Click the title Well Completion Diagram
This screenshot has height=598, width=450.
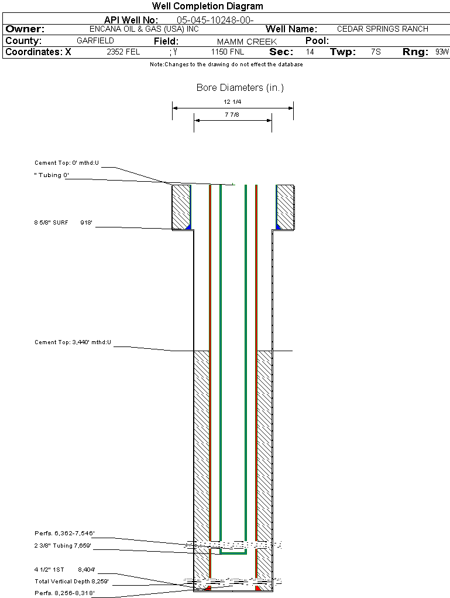click(208, 6)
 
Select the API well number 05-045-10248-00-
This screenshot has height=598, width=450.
click(215, 20)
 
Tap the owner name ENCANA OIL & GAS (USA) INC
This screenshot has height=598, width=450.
click(144, 29)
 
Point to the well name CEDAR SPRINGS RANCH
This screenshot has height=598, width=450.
click(383, 29)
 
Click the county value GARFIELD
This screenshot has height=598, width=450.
click(95, 40)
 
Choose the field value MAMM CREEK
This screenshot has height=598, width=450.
click(247, 42)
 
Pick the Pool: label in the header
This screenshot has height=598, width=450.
click(317, 41)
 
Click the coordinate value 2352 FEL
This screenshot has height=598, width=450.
click(123, 52)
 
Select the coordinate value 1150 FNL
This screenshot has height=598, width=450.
click(228, 52)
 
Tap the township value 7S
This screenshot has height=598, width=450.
click(376, 52)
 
